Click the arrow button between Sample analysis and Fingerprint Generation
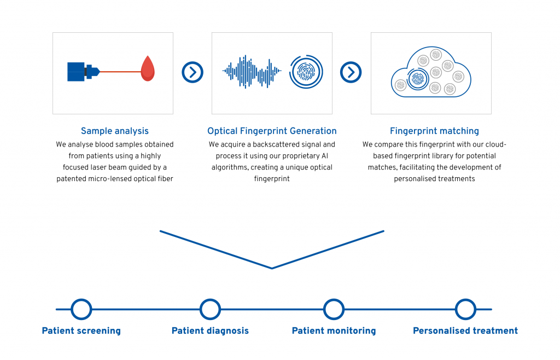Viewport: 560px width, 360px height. [192, 73]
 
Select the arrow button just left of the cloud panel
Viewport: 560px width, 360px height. [351, 73]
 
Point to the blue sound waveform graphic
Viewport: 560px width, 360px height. [252, 72]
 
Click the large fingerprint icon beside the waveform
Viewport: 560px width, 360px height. [306, 72]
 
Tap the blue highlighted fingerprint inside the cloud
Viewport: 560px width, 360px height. [417, 79]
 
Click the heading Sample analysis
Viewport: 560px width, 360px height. [115, 131]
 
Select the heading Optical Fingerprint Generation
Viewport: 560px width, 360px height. [272, 131]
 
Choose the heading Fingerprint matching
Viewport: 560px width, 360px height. [434, 131]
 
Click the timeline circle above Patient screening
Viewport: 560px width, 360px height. [81, 309]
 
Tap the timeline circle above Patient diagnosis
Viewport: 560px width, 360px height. [210, 309]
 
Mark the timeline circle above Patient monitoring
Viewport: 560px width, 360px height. [334, 309]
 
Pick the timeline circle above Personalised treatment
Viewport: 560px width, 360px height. [465, 309]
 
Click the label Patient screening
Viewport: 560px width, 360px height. [81, 330]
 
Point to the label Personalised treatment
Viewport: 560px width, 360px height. [465, 330]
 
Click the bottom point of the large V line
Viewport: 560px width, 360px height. [272, 268]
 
